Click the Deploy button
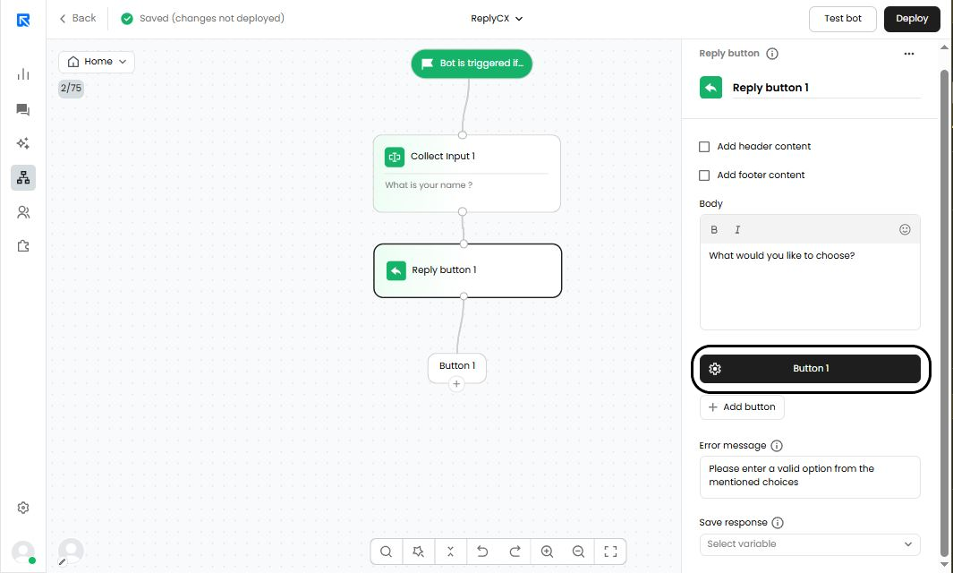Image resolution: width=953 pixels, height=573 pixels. pyautogui.click(x=912, y=19)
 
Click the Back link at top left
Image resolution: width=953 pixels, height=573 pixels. pyautogui.click(x=78, y=18)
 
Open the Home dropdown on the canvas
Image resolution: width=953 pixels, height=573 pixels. pyautogui.click(x=97, y=62)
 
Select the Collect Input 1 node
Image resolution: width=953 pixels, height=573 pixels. pyautogui.click(x=467, y=174)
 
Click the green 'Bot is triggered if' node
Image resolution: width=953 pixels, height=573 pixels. pyautogui.click(x=472, y=64)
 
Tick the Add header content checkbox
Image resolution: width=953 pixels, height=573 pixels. pyautogui.click(x=704, y=147)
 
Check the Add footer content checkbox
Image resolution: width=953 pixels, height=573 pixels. pyautogui.click(x=704, y=175)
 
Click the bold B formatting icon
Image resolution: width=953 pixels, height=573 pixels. pyautogui.click(x=714, y=229)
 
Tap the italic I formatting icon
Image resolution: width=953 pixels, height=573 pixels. pyautogui.click(x=737, y=229)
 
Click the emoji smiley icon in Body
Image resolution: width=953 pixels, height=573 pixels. pyautogui.click(x=905, y=229)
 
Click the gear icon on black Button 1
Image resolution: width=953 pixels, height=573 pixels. pyautogui.click(x=715, y=369)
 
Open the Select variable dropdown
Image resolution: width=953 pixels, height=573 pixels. pyautogui.click(x=810, y=544)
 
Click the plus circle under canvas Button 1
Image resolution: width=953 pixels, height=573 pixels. pyautogui.click(x=456, y=384)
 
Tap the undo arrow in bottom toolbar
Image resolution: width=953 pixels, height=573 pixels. pyautogui.click(x=482, y=552)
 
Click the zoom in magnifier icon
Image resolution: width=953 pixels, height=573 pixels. pyautogui.click(x=547, y=552)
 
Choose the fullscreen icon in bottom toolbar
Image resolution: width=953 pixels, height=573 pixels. pyautogui.click(x=611, y=552)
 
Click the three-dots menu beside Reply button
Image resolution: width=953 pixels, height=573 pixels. pyautogui.click(x=908, y=54)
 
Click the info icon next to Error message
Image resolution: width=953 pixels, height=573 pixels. pyautogui.click(x=777, y=446)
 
